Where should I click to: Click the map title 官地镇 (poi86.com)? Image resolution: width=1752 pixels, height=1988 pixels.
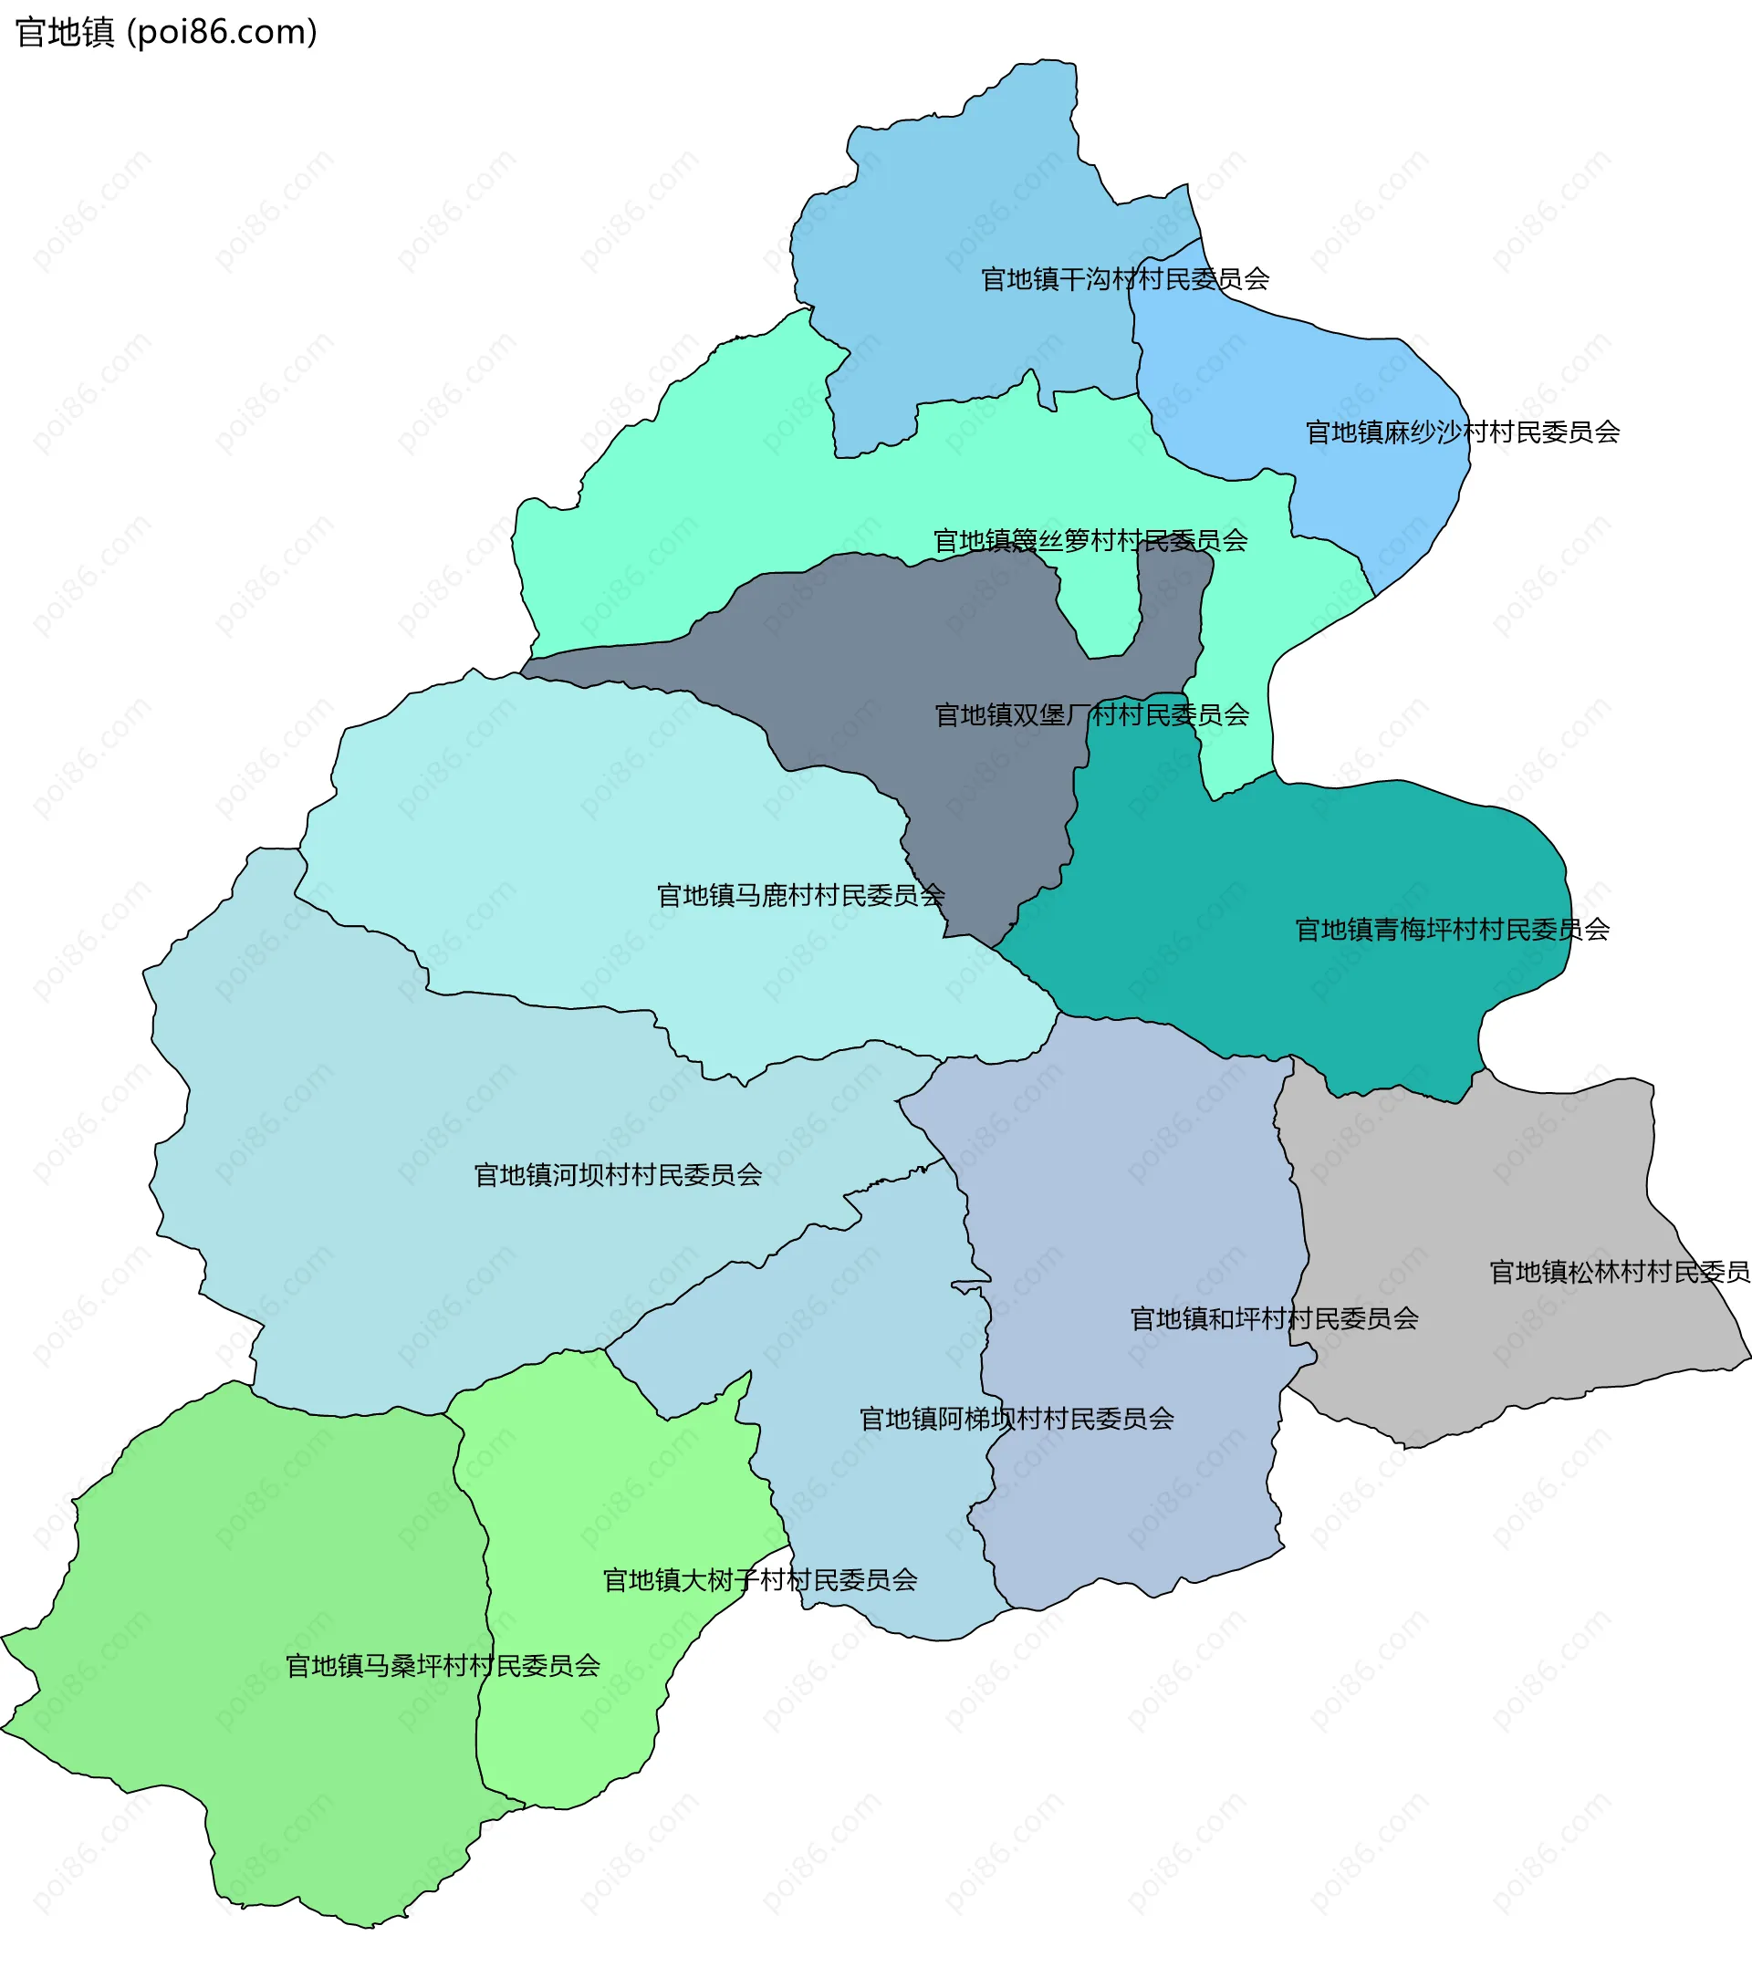click(x=166, y=32)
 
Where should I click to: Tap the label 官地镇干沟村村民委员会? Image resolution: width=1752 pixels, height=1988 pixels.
click(x=1124, y=279)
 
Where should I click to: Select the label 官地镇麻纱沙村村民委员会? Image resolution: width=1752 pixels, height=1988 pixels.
click(x=1462, y=432)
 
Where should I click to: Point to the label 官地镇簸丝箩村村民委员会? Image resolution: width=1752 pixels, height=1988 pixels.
click(x=1090, y=541)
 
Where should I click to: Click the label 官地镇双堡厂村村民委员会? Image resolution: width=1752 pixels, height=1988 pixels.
click(x=1091, y=715)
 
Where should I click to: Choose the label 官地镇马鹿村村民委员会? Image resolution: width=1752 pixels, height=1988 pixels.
click(x=800, y=895)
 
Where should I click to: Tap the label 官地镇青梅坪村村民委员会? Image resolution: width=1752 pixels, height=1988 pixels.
click(x=1452, y=930)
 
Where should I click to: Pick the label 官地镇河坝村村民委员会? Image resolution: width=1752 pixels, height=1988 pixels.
click(x=618, y=1175)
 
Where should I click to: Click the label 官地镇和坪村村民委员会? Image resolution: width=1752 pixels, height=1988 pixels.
click(x=1273, y=1319)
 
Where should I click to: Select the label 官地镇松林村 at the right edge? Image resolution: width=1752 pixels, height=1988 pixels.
click(x=1620, y=1272)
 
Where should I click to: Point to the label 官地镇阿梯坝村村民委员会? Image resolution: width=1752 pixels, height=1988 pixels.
click(x=1017, y=1419)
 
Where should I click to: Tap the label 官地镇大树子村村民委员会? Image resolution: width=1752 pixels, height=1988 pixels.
click(x=760, y=1580)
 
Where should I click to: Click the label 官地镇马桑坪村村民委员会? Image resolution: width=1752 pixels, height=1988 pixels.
click(x=443, y=1666)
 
